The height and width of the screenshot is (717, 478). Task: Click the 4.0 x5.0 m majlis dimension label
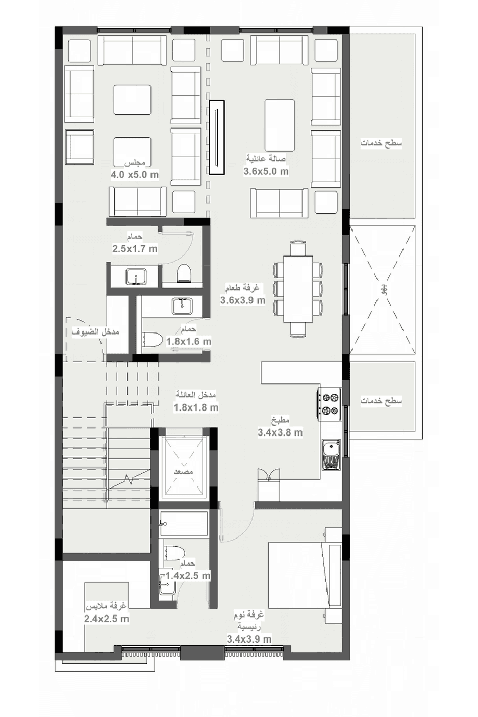tap(135, 175)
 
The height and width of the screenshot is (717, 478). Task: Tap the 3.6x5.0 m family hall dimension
tap(266, 171)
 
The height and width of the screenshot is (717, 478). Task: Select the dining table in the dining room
tap(298, 289)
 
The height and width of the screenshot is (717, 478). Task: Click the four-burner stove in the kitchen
tap(330, 404)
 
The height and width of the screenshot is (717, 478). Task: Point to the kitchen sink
tap(331, 454)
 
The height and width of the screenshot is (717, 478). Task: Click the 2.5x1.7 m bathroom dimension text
tap(135, 249)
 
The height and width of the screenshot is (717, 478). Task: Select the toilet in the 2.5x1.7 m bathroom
tap(184, 273)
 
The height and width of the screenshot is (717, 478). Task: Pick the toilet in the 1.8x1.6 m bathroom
tap(152, 340)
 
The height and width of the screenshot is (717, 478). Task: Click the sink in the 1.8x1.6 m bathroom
tap(182, 305)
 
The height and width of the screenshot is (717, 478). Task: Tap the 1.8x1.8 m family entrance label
tap(196, 407)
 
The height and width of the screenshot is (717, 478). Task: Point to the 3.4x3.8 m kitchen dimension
tap(280, 432)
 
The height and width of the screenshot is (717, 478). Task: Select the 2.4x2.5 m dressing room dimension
tap(107, 619)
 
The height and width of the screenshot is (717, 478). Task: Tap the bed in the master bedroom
tap(305, 575)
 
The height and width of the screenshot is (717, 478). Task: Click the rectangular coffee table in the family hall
tap(280, 125)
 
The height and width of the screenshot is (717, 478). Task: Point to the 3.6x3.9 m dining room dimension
tap(243, 300)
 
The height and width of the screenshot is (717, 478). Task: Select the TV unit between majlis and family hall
tap(217, 138)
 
